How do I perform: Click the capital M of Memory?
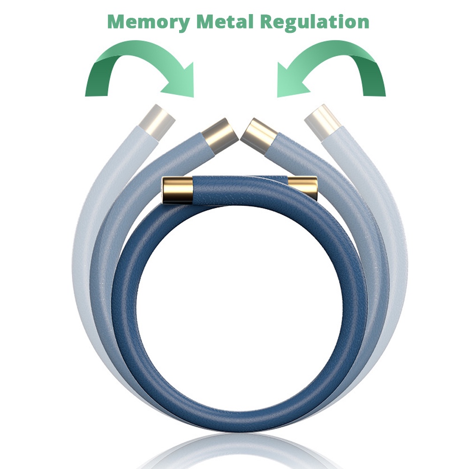coord(117,22)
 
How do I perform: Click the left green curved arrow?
coord(136,66)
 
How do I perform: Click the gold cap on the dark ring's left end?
coord(177,190)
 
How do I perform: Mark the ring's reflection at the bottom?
coord(234,450)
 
